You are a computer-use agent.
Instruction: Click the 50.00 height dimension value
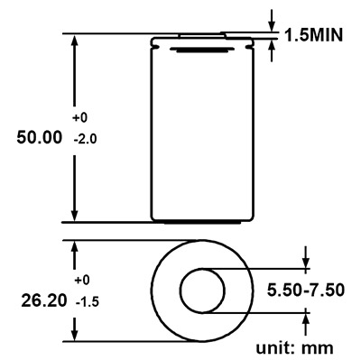coord(40,137)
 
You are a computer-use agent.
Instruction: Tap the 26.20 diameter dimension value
coord(44,300)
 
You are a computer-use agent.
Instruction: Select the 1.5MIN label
coord(313,35)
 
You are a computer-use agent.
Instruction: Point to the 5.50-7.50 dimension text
coord(306,291)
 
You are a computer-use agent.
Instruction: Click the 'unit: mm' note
coord(294,347)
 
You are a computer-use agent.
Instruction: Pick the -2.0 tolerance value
coord(85,139)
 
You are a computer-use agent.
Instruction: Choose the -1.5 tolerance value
coord(88,302)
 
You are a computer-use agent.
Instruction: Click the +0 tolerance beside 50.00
coord(79,117)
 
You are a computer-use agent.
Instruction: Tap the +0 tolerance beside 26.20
coord(82,281)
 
